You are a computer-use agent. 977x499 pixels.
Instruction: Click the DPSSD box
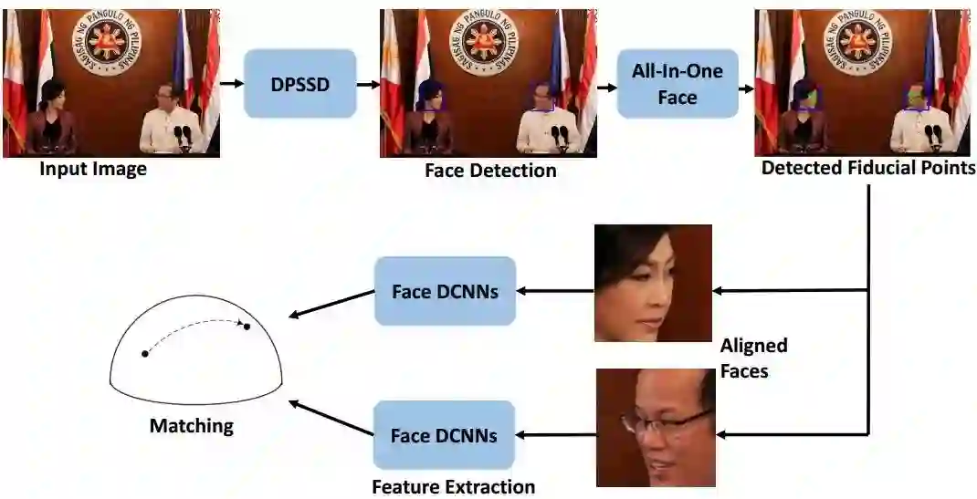pyautogui.click(x=299, y=83)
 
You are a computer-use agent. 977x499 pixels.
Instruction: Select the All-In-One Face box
pyautogui.click(x=677, y=84)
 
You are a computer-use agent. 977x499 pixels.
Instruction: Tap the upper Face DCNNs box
pyautogui.click(x=445, y=292)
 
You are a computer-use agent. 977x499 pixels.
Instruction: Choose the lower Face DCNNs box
pyautogui.click(x=445, y=435)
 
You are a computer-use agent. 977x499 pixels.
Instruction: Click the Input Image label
pyautogui.click(x=93, y=169)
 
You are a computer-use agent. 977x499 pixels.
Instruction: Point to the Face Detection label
pyautogui.click(x=490, y=171)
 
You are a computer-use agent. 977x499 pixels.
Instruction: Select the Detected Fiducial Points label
pyautogui.click(x=868, y=168)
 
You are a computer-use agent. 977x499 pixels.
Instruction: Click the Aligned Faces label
pyautogui.click(x=753, y=358)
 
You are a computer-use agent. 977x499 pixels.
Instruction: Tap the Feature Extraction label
pyautogui.click(x=453, y=486)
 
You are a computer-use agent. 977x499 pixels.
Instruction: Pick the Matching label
pyautogui.click(x=192, y=426)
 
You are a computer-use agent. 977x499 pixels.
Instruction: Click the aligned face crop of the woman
pyautogui.click(x=653, y=283)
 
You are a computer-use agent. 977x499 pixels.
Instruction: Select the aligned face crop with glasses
pyautogui.click(x=655, y=427)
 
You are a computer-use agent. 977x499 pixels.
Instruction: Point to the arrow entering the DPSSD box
pyautogui.click(x=232, y=84)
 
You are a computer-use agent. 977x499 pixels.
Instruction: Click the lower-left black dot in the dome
pyautogui.click(x=144, y=353)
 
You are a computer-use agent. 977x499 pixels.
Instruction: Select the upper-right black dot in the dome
pyautogui.click(x=247, y=326)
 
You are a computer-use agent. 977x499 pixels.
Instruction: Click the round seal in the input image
pyautogui.click(x=108, y=43)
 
